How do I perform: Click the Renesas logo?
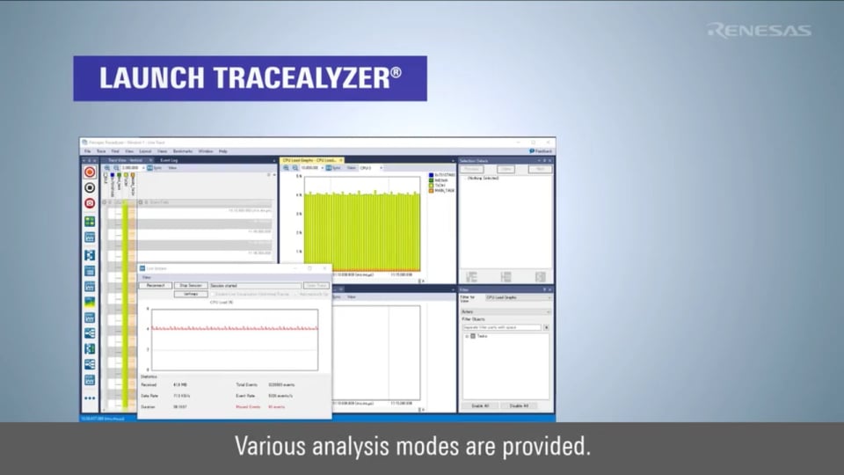click(x=759, y=30)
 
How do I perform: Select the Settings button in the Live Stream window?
click(x=190, y=294)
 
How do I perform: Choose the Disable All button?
click(x=519, y=406)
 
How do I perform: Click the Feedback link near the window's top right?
click(x=542, y=151)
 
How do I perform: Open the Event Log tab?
click(x=171, y=160)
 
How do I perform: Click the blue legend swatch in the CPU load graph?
click(x=431, y=175)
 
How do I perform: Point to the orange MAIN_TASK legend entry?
click(x=442, y=191)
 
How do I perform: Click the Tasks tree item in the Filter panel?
click(x=483, y=336)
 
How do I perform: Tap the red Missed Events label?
click(x=249, y=406)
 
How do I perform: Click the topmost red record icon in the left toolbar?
click(x=90, y=172)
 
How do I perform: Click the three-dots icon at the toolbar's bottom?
click(x=90, y=398)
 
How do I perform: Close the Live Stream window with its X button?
click(x=324, y=268)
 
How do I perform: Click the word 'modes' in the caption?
click(x=398, y=446)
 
